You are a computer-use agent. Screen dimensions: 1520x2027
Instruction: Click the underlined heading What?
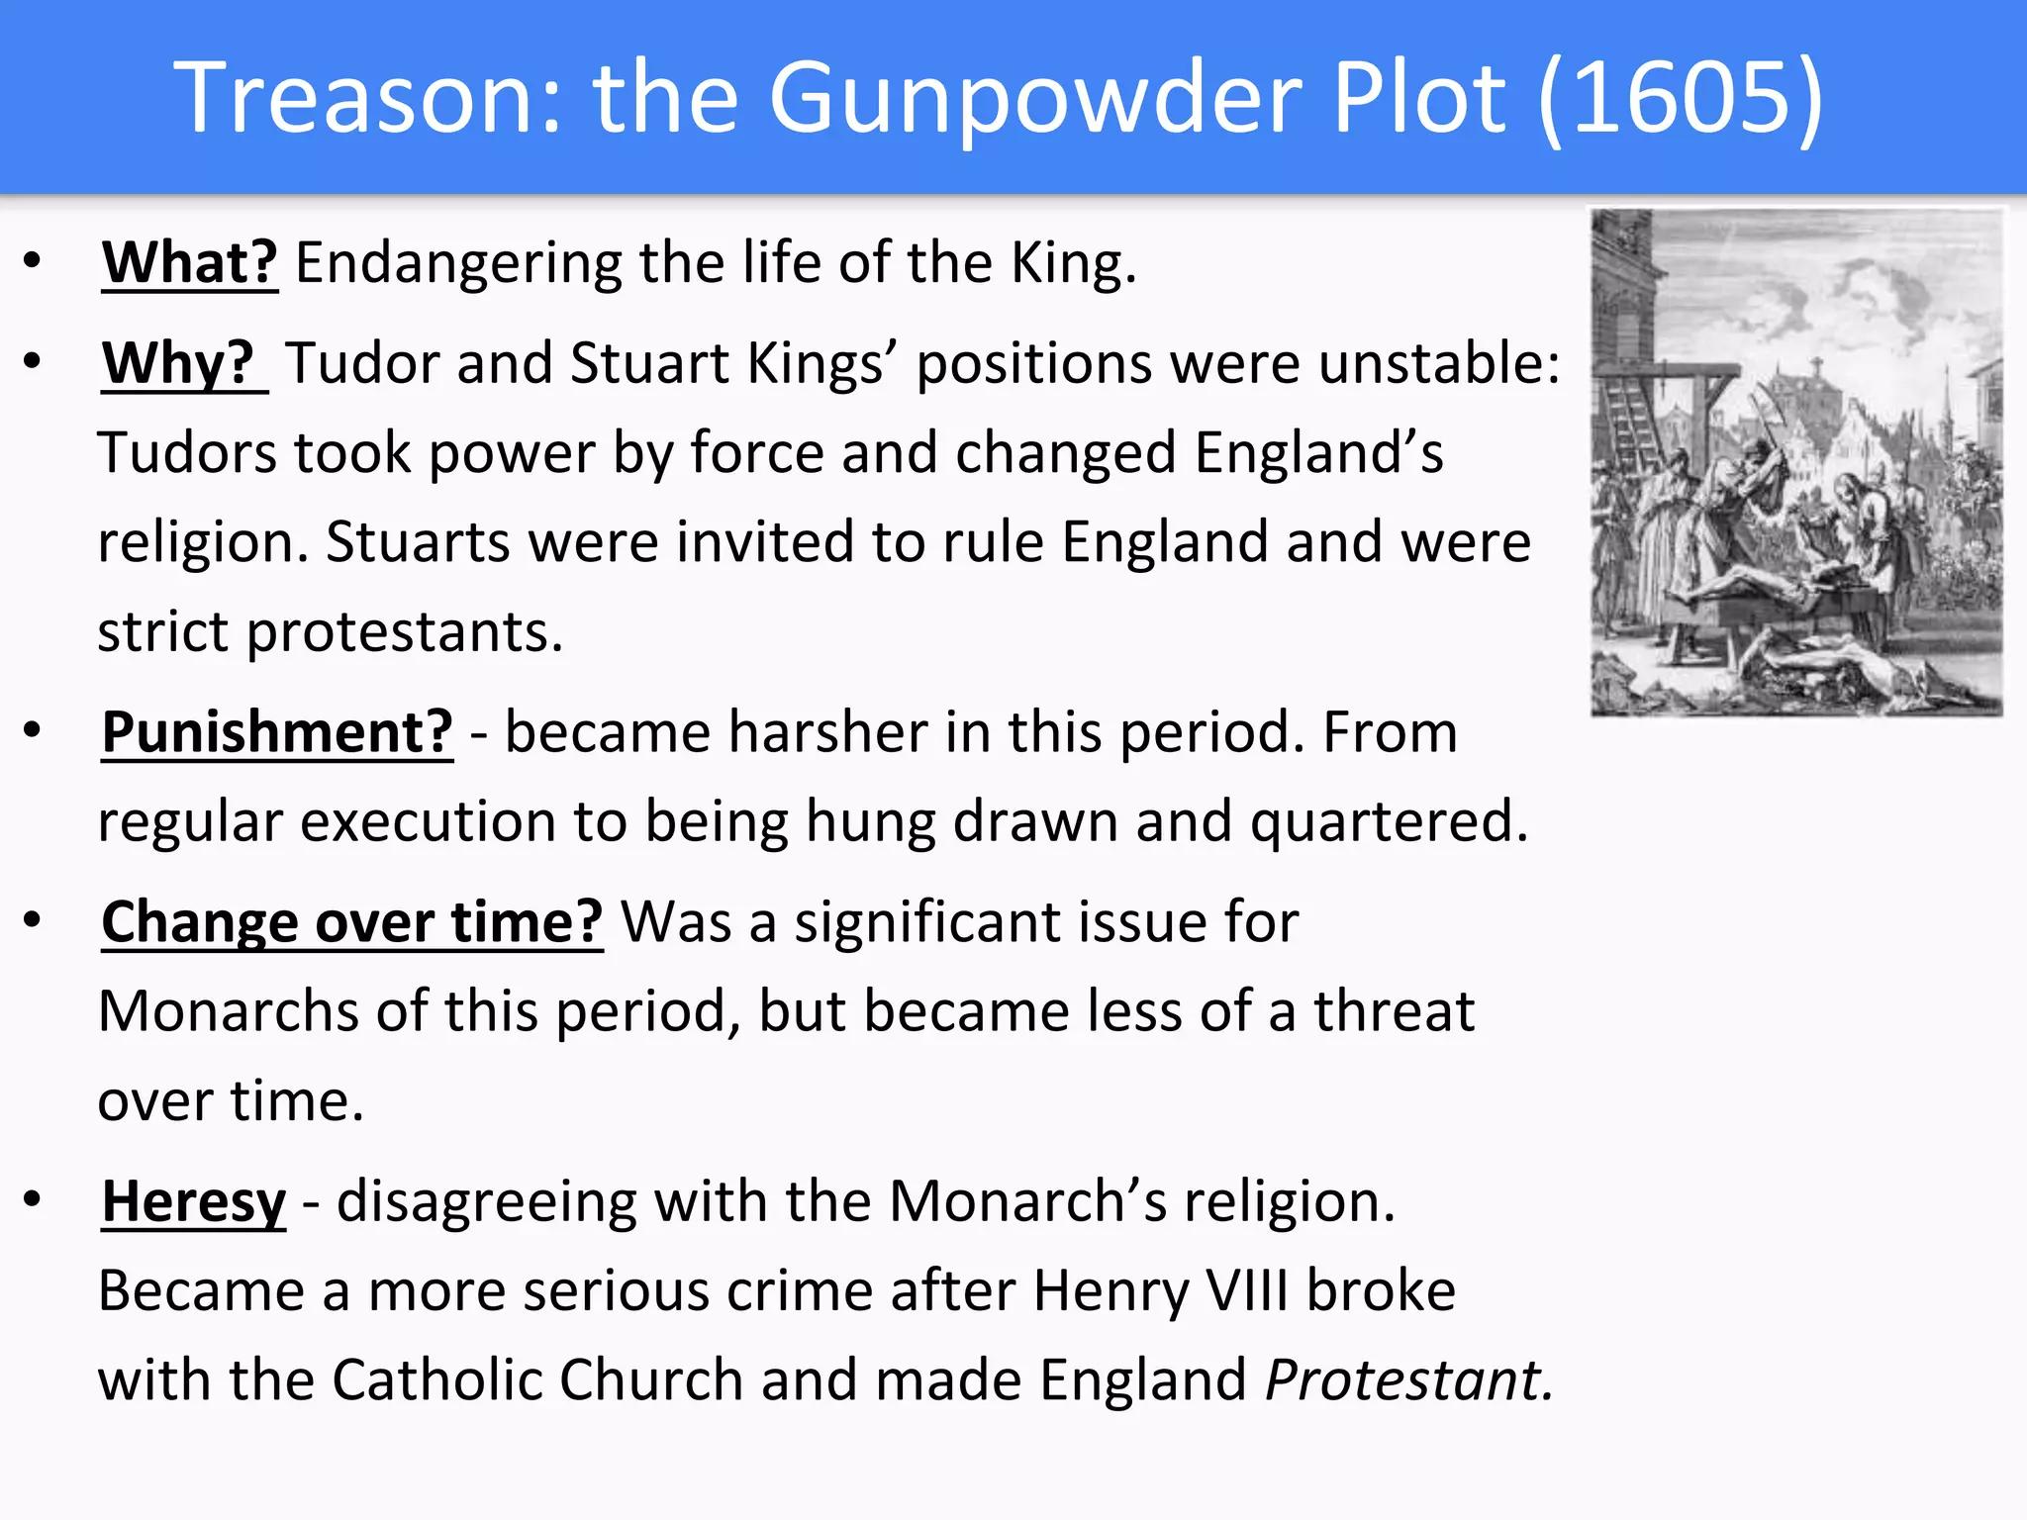point(190,263)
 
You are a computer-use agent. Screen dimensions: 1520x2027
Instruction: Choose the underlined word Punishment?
point(277,732)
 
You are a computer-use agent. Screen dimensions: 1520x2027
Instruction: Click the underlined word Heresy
point(194,1201)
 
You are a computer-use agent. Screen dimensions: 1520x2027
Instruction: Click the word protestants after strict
point(404,632)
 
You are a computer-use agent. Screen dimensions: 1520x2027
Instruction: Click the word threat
point(1394,1011)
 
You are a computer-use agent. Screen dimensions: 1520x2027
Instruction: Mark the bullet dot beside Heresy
point(33,1199)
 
